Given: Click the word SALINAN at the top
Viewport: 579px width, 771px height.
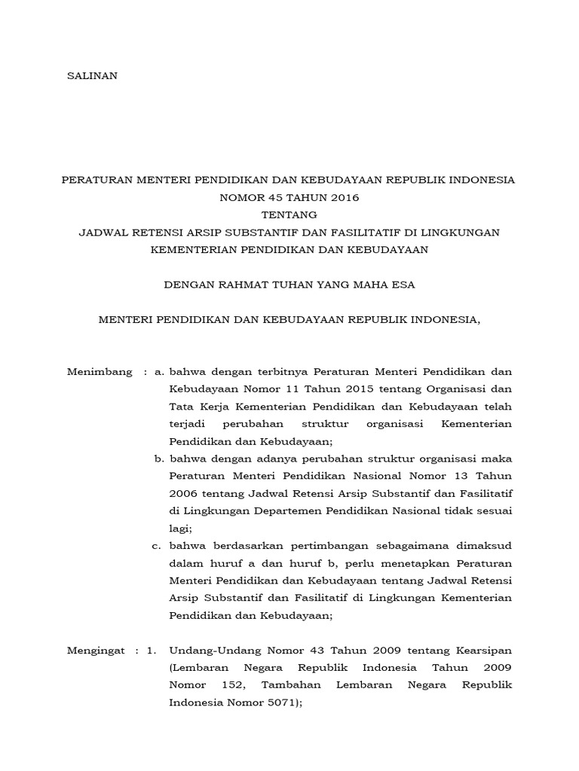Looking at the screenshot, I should (x=93, y=76).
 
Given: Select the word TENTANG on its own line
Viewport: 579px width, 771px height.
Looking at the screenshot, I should (x=289, y=215).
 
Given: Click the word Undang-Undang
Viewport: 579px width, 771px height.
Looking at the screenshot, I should (x=213, y=650).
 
